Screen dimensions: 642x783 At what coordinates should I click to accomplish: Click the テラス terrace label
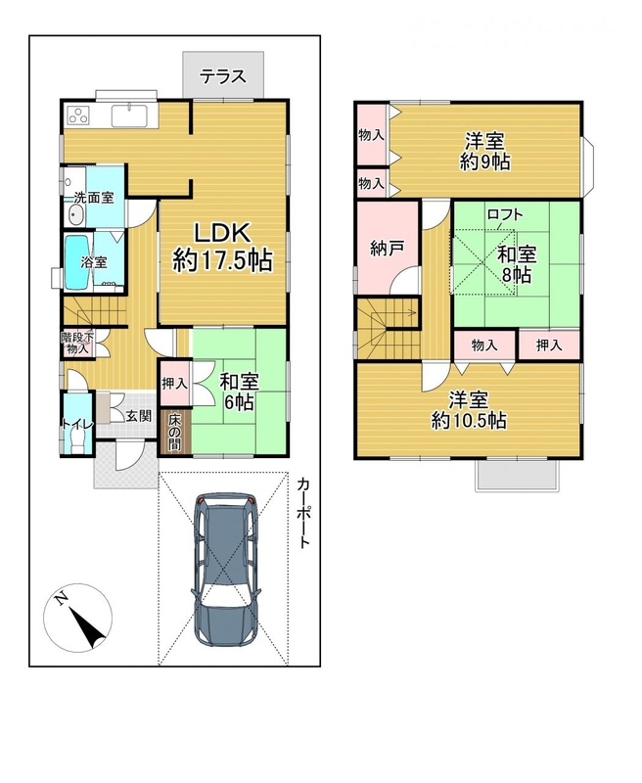click(x=223, y=76)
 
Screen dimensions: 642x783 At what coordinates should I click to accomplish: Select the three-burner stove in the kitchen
click(x=78, y=115)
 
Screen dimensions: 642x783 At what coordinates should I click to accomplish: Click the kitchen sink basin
click(x=129, y=116)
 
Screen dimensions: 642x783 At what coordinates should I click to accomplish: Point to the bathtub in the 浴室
click(x=77, y=261)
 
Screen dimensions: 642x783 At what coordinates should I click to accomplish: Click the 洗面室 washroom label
click(x=94, y=198)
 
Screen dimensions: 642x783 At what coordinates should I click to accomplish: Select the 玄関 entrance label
click(x=138, y=415)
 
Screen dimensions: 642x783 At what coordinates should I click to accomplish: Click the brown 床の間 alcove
click(x=174, y=432)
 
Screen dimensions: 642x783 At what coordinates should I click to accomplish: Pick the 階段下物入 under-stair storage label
click(x=77, y=344)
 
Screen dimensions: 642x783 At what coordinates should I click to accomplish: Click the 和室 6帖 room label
click(x=240, y=391)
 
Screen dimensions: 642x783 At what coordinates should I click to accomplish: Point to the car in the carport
click(x=226, y=569)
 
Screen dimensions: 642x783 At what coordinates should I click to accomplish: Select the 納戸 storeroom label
click(x=387, y=249)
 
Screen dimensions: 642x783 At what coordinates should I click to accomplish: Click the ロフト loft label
click(x=505, y=214)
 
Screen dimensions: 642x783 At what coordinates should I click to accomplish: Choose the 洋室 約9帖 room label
click(x=484, y=152)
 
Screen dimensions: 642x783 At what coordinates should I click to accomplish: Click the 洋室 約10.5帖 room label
click(x=469, y=410)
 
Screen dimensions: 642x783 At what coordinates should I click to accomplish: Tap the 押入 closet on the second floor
click(x=549, y=345)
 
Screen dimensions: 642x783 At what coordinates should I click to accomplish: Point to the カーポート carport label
click(x=303, y=513)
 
